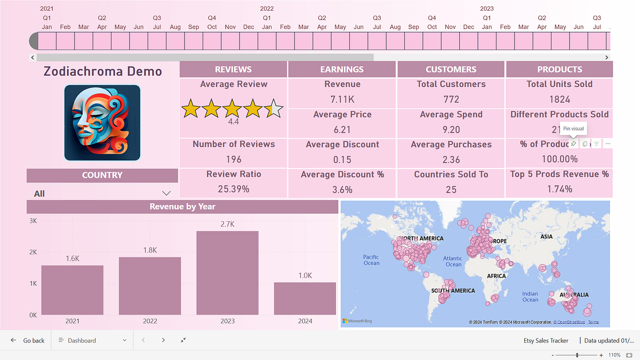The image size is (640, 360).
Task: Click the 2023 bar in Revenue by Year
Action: pyautogui.click(x=227, y=273)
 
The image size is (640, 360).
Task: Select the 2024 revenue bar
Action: pyautogui.click(x=305, y=298)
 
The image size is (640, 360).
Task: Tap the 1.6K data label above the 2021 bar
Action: pyautogui.click(x=73, y=259)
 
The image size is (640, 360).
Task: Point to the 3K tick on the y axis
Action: pyautogui.click(x=33, y=221)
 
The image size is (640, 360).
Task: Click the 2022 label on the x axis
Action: pyautogui.click(x=150, y=321)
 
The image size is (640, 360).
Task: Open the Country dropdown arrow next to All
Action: pyautogui.click(x=166, y=194)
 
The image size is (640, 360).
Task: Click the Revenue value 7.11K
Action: pyautogui.click(x=342, y=99)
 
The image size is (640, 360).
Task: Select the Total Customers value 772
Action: pyautogui.click(x=451, y=99)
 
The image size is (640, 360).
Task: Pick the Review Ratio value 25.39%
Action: pyautogui.click(x=234, y=189)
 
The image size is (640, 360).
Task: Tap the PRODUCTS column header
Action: pyautogui.click(x=559, y=69)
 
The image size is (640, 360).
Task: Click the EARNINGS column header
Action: pyautogui.click(x=342, y=69)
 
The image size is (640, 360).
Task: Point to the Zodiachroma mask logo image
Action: pyautogui.click(x=102, y=123)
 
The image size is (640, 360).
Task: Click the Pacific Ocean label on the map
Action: pyautogui.click(x=371, y=260)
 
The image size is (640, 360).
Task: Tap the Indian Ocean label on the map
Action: pyautogui.click(x=530, y=297)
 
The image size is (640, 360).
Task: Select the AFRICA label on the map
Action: pyautogui.click(x=496, y=276)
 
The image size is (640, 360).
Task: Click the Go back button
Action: pyautogui.click(x=28, y=340)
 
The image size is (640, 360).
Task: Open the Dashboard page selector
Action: pyautogui.click(x=92, y=340)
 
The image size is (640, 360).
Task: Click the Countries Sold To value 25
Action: pyautogui.click(x=451, y=189)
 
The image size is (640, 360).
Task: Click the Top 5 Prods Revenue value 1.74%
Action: pyautogui.click(x=559, y=189)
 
